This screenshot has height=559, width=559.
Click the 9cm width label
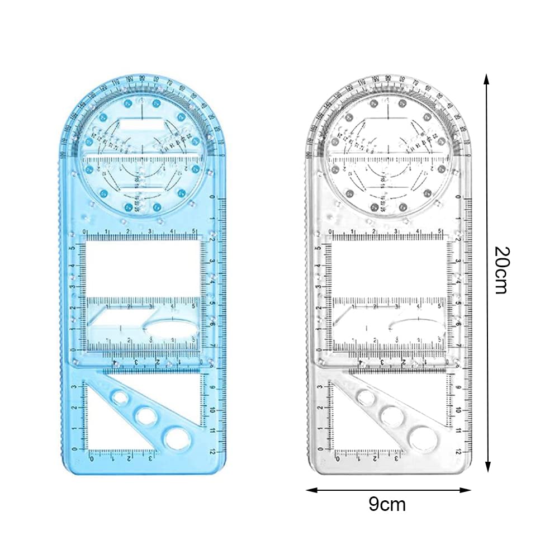(x=387, y=504)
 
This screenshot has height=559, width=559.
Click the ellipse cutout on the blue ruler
(x=170, y=325)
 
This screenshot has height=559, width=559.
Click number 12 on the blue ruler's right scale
(x=212, y=451)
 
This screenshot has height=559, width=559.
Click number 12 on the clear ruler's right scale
(x=457, y=451)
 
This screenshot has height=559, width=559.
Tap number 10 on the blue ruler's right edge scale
(x=212, y=409)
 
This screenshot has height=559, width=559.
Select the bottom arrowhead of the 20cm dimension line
(x=487, y=468)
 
